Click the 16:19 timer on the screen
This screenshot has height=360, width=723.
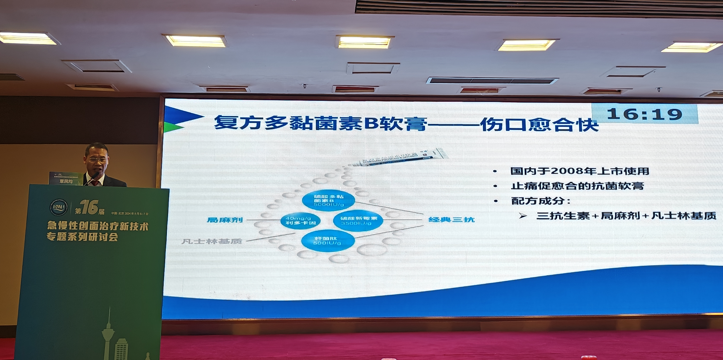point(644,114)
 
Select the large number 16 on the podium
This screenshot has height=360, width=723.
point(89,207)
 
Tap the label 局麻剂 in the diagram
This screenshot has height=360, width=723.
point(225,220)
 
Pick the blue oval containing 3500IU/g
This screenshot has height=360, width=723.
point(358,221)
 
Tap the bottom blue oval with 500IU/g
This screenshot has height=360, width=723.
point(328,241)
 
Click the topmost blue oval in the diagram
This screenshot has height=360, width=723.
point(328,200)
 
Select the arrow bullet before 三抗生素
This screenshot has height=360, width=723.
point(523,216)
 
